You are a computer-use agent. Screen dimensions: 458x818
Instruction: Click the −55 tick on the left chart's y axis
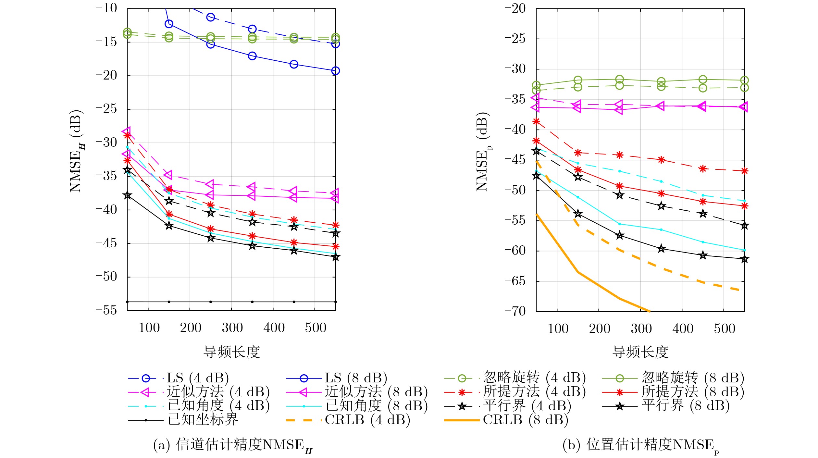click(106, 310)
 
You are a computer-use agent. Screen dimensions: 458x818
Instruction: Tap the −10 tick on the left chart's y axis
click(106, 8)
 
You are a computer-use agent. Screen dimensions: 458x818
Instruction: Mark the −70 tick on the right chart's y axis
click(515, 311)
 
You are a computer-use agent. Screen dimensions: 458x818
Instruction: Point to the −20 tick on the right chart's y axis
click(515, 9)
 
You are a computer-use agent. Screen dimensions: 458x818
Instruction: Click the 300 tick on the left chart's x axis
click(232, 328)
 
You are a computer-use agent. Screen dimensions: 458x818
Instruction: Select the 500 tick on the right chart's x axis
click(724, 329)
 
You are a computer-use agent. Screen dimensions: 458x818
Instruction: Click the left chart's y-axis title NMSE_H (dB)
click(77, 151)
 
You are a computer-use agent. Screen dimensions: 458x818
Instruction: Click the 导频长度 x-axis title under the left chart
click(231, 352)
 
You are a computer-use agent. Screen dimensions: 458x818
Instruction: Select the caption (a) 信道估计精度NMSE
click(232, 445)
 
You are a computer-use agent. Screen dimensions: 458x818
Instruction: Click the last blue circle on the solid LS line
click(335, 71)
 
